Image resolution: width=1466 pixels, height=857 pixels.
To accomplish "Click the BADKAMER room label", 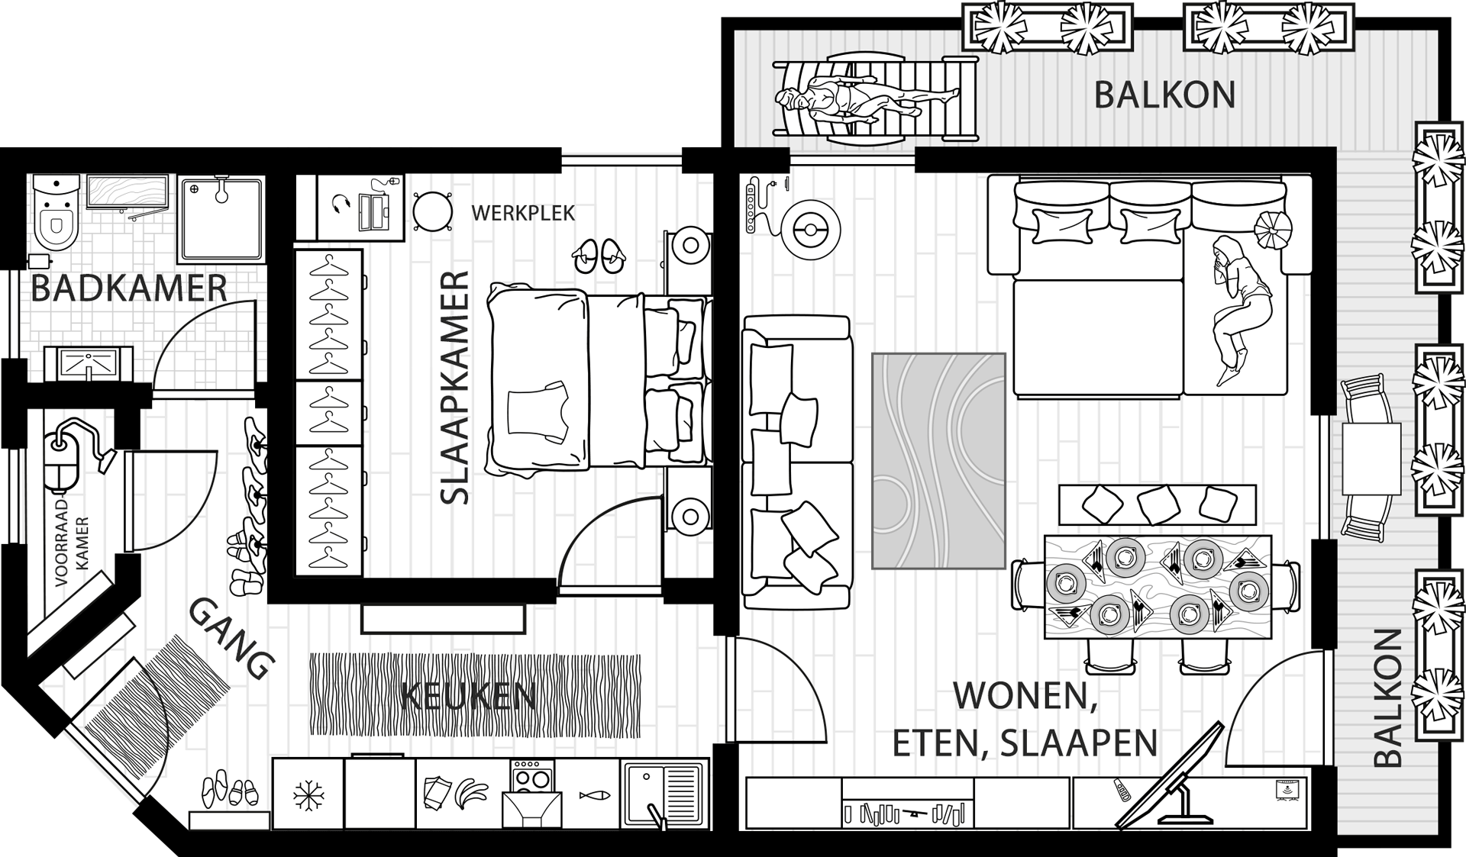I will coord(129,289).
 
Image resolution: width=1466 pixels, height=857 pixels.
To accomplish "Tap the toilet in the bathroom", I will coord(56,216).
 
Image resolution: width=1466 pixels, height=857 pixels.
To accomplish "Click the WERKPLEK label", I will coord(523,213).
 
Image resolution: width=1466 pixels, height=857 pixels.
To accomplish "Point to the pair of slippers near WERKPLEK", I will coord(598,256).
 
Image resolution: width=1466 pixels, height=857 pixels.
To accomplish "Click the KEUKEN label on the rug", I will coord(468,696).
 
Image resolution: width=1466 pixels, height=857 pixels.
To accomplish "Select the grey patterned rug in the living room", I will coord(938,460).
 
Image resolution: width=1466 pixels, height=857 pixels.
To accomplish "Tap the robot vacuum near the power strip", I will coord(809,228).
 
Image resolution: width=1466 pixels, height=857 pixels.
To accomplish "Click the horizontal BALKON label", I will coord(1164,95).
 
